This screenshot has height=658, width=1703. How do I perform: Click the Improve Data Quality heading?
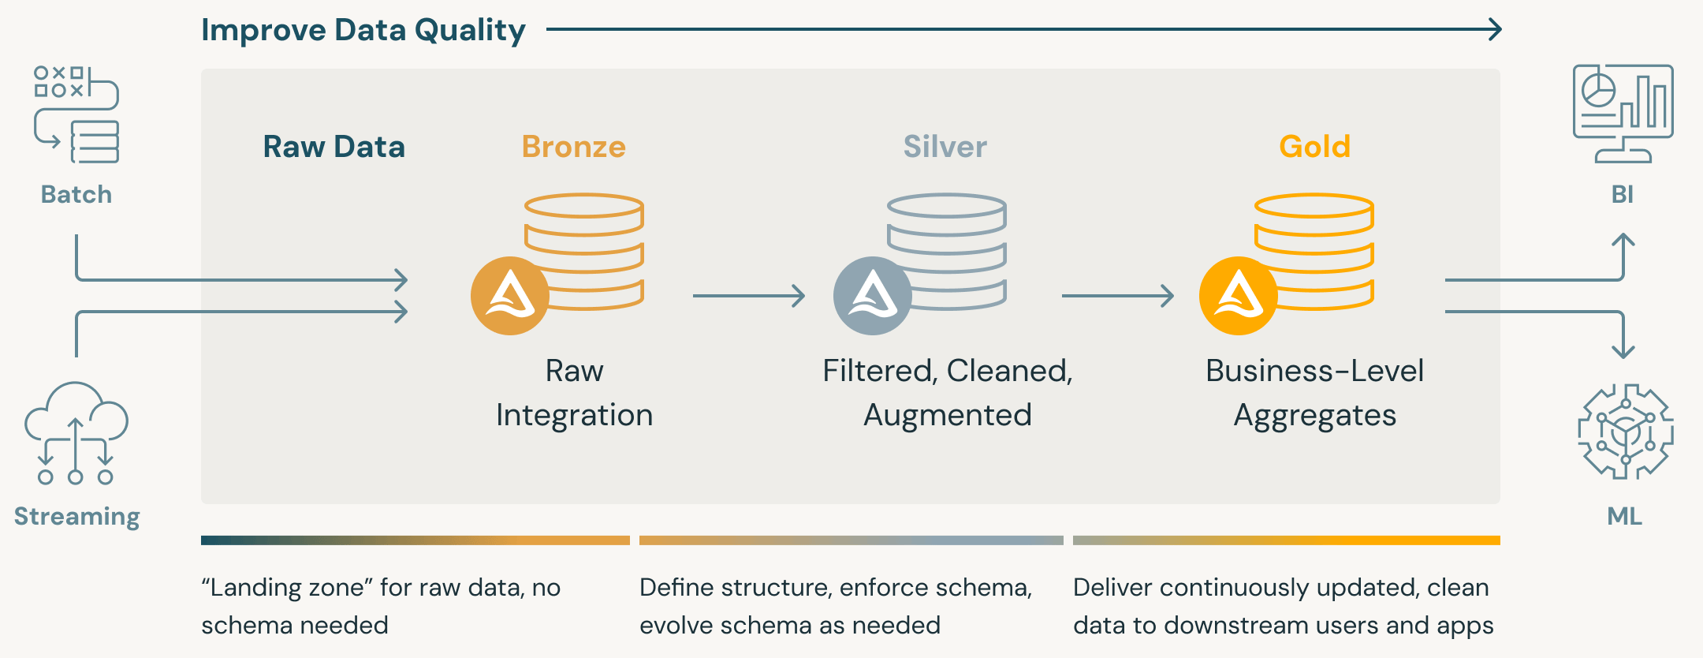click(x=363, y=30)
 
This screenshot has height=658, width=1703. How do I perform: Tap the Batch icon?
click(x=76, y=114)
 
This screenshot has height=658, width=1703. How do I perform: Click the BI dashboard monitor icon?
click(x=1623, y=114)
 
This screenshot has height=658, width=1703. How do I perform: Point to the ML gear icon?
click(x=1625, y=432)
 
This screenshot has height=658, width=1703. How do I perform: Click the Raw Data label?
click(x=334, y=147)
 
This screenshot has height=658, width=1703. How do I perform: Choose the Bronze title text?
click(x=573, y=147)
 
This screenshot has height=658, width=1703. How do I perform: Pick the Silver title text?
click(x=945, y=147)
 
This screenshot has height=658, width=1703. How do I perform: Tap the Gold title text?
click(x=1314, y=147)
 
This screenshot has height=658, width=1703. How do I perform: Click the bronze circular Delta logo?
click(x=510, y=296)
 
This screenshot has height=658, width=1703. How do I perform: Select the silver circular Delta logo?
click(x=872, y=296)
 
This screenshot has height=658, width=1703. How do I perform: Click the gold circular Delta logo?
click(x=1238, y=296)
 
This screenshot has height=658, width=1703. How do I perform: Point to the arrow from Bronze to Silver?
click(x=748, y=296)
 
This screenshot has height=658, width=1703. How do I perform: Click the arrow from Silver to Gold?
click(x=1117, y=296)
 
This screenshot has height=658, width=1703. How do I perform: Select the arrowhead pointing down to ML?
click(x=1623, y=352)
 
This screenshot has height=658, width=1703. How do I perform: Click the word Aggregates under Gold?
click(x=1314, y=415)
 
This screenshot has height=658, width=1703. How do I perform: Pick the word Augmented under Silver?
click(x=947, y=415)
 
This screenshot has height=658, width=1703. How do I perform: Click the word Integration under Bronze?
click(x=574, y=415)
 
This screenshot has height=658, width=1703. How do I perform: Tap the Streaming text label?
click(x=76, y=516)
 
